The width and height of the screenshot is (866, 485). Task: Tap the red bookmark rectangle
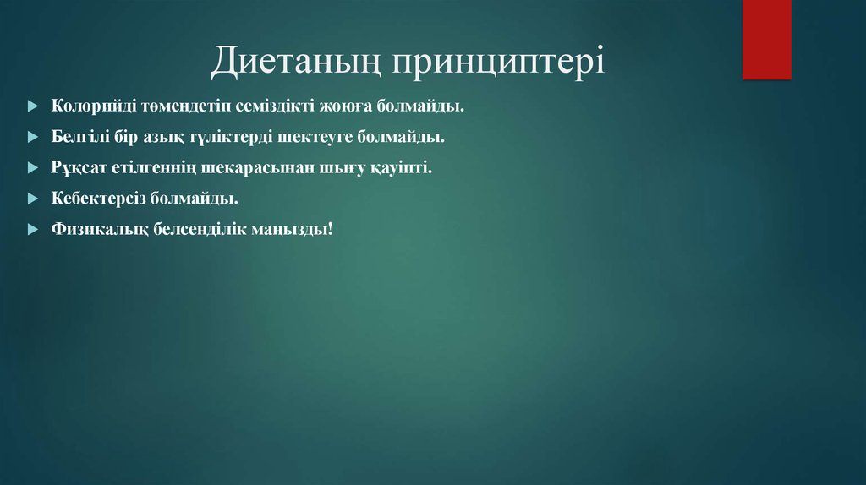pyautogui.click(x=766, y=39)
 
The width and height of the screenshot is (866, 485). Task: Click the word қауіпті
pyautogui.click(x=399, y=167)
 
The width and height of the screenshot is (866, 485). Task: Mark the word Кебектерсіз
pyautogui.click(x=98, y=199)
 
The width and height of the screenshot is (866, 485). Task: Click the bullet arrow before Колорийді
pyautogui.click(x=32, y=107)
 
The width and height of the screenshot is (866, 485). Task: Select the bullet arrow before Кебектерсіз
pyautogui.click(x=32, y=199)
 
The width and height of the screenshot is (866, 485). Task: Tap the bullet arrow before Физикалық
pyautogui.click(x=32, y=230)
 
